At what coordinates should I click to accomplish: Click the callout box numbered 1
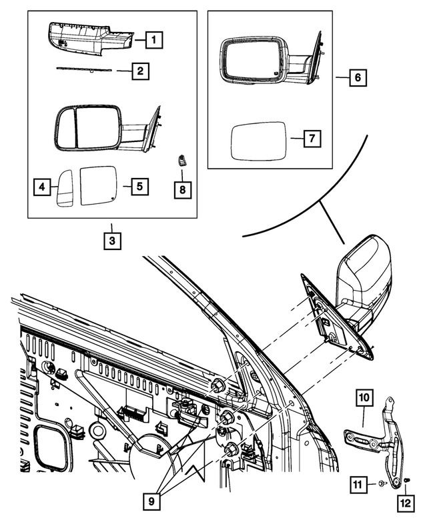point(153,40)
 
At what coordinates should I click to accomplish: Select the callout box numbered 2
point(140,71)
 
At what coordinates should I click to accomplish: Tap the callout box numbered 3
point(112,241)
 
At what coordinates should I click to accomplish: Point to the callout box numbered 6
point(358,77)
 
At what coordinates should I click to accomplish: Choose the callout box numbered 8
point(183,189)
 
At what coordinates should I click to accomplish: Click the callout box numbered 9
point(151,502)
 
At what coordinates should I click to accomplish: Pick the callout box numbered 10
point(364,398)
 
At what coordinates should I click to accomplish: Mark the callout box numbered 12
point(406,503)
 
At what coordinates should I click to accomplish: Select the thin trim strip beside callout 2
point(83,69)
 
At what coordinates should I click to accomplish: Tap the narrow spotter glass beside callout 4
point(65,188)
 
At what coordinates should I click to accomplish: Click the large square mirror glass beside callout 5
point(99,185)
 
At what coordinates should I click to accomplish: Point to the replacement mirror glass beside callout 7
point(258,141)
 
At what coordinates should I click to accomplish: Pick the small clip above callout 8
point(181,160)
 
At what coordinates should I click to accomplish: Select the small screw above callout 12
point(407,479)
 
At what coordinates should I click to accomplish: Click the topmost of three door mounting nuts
point(219,385)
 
